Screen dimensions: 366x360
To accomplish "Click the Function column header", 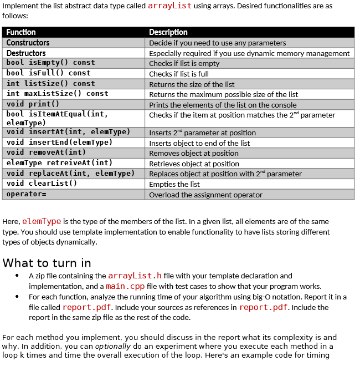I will pyautogui.click(x=21, y=32).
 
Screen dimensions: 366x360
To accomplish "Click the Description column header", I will pyautogui.click(x=168, y=32).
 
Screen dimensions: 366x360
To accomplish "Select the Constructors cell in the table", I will pyautogui.click(x=28, y=43).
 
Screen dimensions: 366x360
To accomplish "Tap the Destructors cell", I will pyautogui.click(x=26, y=53).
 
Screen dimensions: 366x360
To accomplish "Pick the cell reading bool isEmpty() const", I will pyautogui.click(x=50, y=63).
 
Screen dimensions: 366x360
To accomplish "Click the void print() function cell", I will pyautogui.click(x=33, y=104).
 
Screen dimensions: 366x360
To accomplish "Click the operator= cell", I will pyautogui.click(x=26, y=194).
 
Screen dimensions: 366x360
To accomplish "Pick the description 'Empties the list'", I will pyautogui.click(x=174, y=184).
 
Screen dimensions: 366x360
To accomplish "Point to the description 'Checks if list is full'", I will pyautogui.click(x=179, y=74).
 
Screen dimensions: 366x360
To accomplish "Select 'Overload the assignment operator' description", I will pyautogui.click(x=205, y=195).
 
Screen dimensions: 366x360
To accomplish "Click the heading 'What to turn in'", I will pyautogui.click(x=47, y=263).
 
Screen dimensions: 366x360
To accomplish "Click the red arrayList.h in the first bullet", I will pyautogui.click(x=135, y=276).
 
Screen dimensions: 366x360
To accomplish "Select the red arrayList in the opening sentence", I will pyautogui.click(x=170, y=6).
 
